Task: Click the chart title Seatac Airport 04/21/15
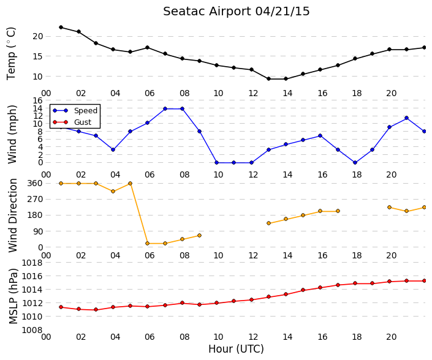pyautogui.click(x=237, y=12)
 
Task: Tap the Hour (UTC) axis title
pyautogui.click(x=236, y=349)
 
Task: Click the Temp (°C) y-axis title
pyautogui.click(x=11, y=54)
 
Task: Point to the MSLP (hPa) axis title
pyautogui.click(x=13, y=296)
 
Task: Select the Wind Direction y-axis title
pyautogui.click(x=13, y=216)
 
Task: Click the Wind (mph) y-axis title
pyautogui.click(x=12, y=134)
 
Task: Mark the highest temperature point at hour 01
pyautogui.click(x=61, y=28)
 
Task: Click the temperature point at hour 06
pyautogui.click(x=148, y=47)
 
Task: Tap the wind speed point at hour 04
pyautogui.click(x=113, y=150)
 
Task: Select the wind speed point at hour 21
pyautogui.click(x=406, y=118)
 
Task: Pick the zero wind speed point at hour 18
pyautogui.click(x=355, y=163)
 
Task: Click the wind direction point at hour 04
pyautogui.click(x=113, y=191)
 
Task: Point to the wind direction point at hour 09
pyautogui.click(x=199, y=236)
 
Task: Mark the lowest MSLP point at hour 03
pyautogui.click(x=96, y=310)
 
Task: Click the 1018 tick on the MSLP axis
pyautogui.click(x=32, y=263)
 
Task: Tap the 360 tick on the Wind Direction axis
pyautogui.click(x=36, y=183)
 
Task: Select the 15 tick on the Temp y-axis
pyautogui.click(x=38, y=56)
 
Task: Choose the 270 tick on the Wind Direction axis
pyautogui.click(x=36, y=199)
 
